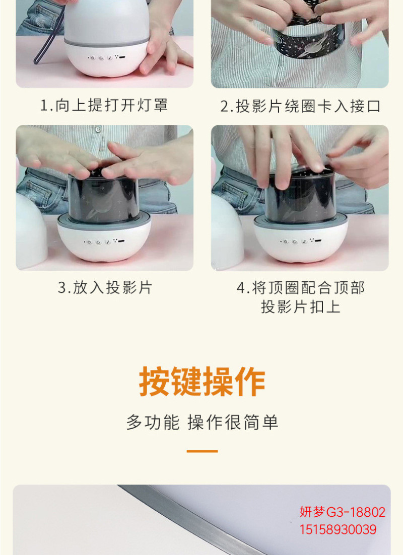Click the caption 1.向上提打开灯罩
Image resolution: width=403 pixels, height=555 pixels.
point(103,105)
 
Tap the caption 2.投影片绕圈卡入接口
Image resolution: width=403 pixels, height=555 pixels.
point(300,106)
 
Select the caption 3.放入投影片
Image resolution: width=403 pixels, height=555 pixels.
point(105,287)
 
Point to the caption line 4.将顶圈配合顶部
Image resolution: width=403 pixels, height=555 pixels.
point(301,288)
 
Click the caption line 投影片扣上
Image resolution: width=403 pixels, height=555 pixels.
point(301,306)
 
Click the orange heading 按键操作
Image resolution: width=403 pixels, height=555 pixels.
point(202,381)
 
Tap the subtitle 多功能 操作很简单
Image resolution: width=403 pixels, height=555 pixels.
point(202,422)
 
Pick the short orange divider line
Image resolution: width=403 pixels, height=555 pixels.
point(202,451)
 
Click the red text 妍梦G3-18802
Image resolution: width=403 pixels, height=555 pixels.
point(343,512)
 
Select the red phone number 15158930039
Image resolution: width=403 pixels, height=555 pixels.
point(338,529)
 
